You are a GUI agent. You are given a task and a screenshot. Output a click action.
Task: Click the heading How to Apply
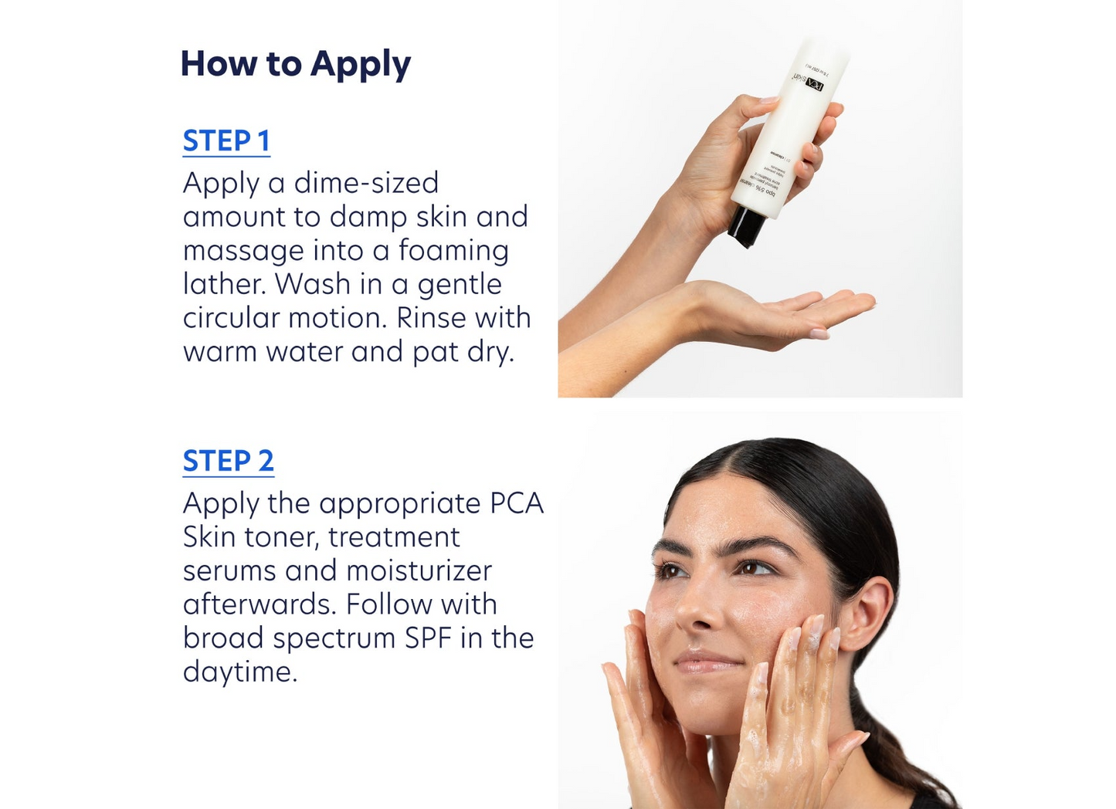(x=295, y=64)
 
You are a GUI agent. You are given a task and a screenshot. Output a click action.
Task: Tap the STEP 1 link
(x=226, y=141)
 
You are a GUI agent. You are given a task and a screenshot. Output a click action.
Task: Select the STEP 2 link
(x=228, y=461)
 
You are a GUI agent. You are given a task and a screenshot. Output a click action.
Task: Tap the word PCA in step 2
(x=517, y=503)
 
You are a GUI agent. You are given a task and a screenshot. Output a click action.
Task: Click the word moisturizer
(x=419, y=570)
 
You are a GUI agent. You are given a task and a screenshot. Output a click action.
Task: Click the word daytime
(x=239, y=672)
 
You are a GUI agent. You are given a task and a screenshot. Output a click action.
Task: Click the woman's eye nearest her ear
(x=755, y=569)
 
